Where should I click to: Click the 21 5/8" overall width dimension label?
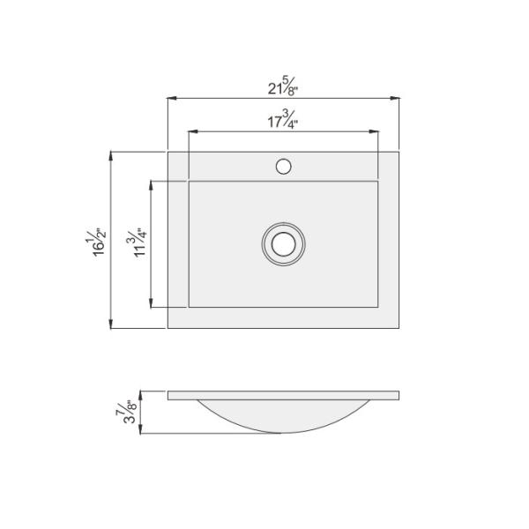pyautogui.click(x=284, y=88)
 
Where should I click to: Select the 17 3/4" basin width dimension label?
pyautogui.click(x=284, y=121)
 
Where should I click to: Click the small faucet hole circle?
pyautogui.click(x=284, y=165)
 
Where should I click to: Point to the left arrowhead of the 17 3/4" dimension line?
pyautogui.click(x=193, y=133)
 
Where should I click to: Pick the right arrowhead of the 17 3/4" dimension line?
pyautogui.click(x=375, y=133)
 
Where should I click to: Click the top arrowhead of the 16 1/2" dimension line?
pyautogui.click(x=111, y=155)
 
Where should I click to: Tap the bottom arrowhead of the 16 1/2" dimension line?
pyautogui.click(x=111, y=324)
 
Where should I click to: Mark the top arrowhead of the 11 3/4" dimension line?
pyautogui.click(x=152, y=186)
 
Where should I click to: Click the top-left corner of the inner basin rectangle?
pyautogui.click(x=189, y=183)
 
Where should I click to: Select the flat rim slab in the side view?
pyautogui.click(x=284, y=394)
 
